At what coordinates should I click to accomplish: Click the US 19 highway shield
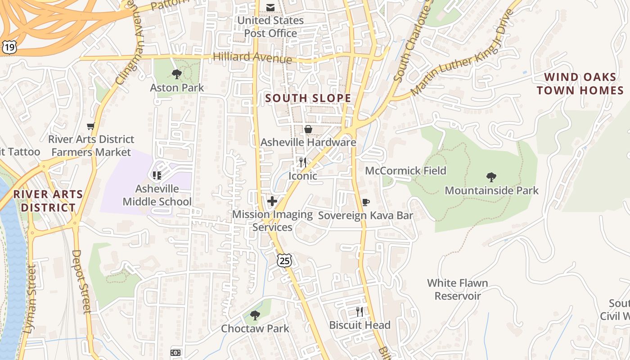pos(9,47)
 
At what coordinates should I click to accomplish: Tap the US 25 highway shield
pos(284,260)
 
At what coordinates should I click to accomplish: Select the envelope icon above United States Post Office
pos(270,8)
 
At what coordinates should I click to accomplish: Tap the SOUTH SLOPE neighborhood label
pos(308,98)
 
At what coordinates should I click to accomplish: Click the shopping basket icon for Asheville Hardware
pos(308,130)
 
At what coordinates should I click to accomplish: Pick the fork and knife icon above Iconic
pos(303,162)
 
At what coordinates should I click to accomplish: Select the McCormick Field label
pos(405,171)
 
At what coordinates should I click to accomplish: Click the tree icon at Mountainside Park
pos(491,177)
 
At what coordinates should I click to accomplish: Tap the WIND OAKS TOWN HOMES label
pos(580,84)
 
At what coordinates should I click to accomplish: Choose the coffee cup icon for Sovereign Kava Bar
pos(366,202)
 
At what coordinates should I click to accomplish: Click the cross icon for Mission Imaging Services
pos(272,201)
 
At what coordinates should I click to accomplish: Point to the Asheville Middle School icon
pos(157,175)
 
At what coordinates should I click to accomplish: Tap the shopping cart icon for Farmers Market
pos(91,126)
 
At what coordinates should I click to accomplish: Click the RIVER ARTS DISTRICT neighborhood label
pos(48,201)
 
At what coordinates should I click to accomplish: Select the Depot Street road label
pos(81,281)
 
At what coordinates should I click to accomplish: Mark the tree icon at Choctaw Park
pos(255,315)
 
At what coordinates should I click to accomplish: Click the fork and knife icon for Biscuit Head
pos(360,311)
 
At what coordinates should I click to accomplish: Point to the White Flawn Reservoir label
pos(457,289)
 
